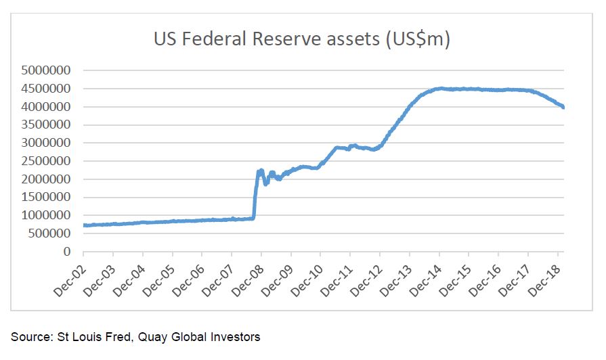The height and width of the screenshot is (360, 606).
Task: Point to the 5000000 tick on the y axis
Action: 47,70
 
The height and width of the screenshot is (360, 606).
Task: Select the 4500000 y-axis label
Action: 47,88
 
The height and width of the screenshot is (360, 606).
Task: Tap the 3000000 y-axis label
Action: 47,143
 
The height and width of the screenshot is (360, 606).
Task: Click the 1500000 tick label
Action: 47,198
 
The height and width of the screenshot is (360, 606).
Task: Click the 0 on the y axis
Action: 67,252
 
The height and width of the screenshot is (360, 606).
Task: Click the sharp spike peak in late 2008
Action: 261,171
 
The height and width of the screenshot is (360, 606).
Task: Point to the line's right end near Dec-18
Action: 564,106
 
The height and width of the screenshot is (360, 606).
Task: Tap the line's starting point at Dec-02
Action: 84,225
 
